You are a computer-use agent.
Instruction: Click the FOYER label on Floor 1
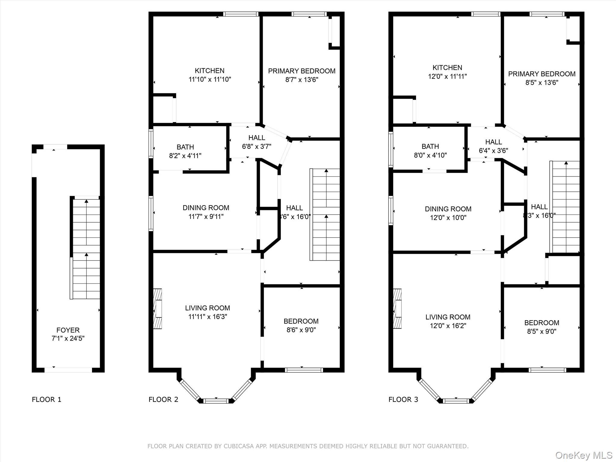(x=68, y=330)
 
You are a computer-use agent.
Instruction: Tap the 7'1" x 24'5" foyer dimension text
(x=68, y=338)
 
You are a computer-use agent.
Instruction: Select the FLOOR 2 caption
(x=163, y=399)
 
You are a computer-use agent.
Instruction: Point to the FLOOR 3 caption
(x=403, y=399)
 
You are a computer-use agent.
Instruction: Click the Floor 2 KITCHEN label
(x=209, y=71)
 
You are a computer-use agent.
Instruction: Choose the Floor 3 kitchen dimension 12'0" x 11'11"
(x=447, y=76)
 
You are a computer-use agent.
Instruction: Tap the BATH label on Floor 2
(x=185, y=147)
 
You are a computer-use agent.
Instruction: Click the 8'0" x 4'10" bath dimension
(x=430, y=155)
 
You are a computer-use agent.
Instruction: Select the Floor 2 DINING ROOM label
(x=206, y=208)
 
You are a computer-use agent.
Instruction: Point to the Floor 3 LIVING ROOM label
(x=448, y=317)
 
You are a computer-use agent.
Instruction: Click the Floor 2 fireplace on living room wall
(x=158, y=309)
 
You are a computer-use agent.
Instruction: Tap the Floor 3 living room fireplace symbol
(x=397, y=309)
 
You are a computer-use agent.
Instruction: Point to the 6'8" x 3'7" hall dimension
(x=257, y=146)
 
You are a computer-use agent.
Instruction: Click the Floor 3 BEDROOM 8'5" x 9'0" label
(x=541, y=327)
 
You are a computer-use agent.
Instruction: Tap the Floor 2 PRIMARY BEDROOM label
(x=302, y=71)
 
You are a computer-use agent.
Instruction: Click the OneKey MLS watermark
(x=584, y=455)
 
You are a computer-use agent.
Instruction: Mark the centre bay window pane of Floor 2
(x=216, y=401)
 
